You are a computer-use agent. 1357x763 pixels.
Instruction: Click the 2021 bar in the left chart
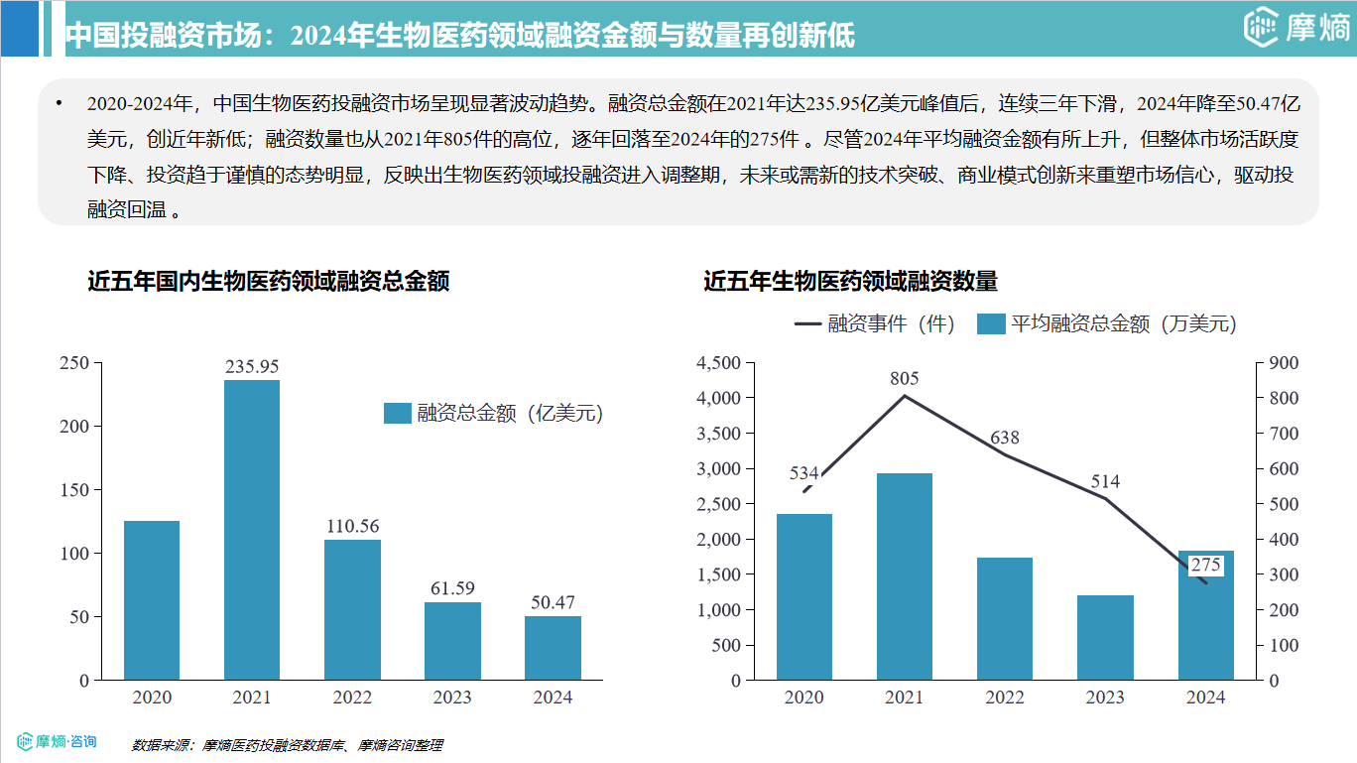tap(252, 530)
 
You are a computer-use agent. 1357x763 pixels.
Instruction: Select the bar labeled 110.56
tap(352, 609)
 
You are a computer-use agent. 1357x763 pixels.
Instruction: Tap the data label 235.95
tap(252, 366)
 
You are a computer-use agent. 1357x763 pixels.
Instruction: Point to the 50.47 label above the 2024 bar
tap(553, 602)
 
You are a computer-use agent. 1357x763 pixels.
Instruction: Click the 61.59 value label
tap(452, 588)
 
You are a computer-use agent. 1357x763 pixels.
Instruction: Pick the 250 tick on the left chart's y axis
tap(74, 363)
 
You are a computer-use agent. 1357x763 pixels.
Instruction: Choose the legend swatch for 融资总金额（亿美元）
tap(397, 414)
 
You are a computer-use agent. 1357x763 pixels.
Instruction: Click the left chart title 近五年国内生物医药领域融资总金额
tap(269, 282)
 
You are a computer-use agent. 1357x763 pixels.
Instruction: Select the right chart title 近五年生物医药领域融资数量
tap(850, 282)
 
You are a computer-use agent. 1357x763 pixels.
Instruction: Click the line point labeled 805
tap(905, 396)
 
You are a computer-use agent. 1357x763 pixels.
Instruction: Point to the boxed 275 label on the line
tap(1205, 565)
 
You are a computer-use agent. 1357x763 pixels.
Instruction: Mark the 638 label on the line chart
tap(1005, 438)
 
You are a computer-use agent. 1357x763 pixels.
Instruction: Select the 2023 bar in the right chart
tap(1105, 637)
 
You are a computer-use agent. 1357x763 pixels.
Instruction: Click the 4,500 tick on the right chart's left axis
tap(719, 363)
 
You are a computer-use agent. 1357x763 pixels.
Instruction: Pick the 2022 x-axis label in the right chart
tap(1005, 698)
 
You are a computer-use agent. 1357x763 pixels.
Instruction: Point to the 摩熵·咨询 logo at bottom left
tap(58, 741)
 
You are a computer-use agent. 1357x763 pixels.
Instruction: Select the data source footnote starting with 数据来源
tap(287, 745)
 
